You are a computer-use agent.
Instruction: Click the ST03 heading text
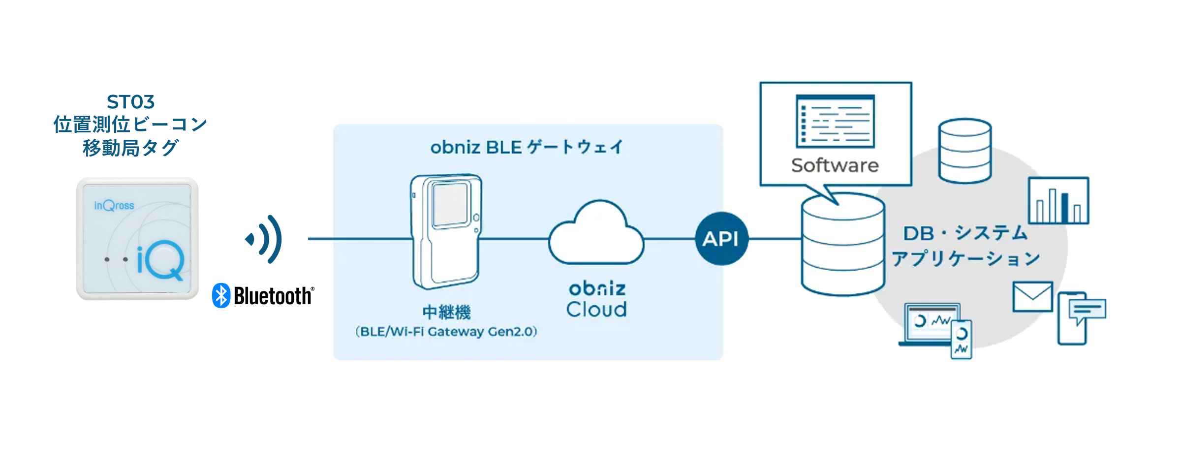coord(130,102)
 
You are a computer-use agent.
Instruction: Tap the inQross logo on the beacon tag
coord(114,205)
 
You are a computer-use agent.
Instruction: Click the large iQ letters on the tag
coord(160,259)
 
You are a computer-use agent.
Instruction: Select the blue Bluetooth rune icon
coord(221,295)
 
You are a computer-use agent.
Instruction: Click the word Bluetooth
coord(273,296)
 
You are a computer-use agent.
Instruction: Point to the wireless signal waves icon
coord(265,239)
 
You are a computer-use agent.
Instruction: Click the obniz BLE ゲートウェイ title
coord(527,147)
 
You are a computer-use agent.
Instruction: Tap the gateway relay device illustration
coord(446,231)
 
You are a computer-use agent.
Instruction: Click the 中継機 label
coord(446,312)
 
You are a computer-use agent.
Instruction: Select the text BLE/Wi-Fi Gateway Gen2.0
coord(446,331)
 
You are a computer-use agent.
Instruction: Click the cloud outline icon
coord(596,234)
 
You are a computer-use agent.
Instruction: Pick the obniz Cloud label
coord(596,299)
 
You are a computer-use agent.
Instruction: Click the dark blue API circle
coord(721,239)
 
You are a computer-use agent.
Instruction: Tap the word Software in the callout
coord(835,165)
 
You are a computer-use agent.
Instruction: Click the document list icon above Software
coord(835,121)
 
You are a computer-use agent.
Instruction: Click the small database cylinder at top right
coord(964,150)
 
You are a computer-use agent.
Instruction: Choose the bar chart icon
coord(1058,201)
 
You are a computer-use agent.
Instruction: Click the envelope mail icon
coord(1032,296)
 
